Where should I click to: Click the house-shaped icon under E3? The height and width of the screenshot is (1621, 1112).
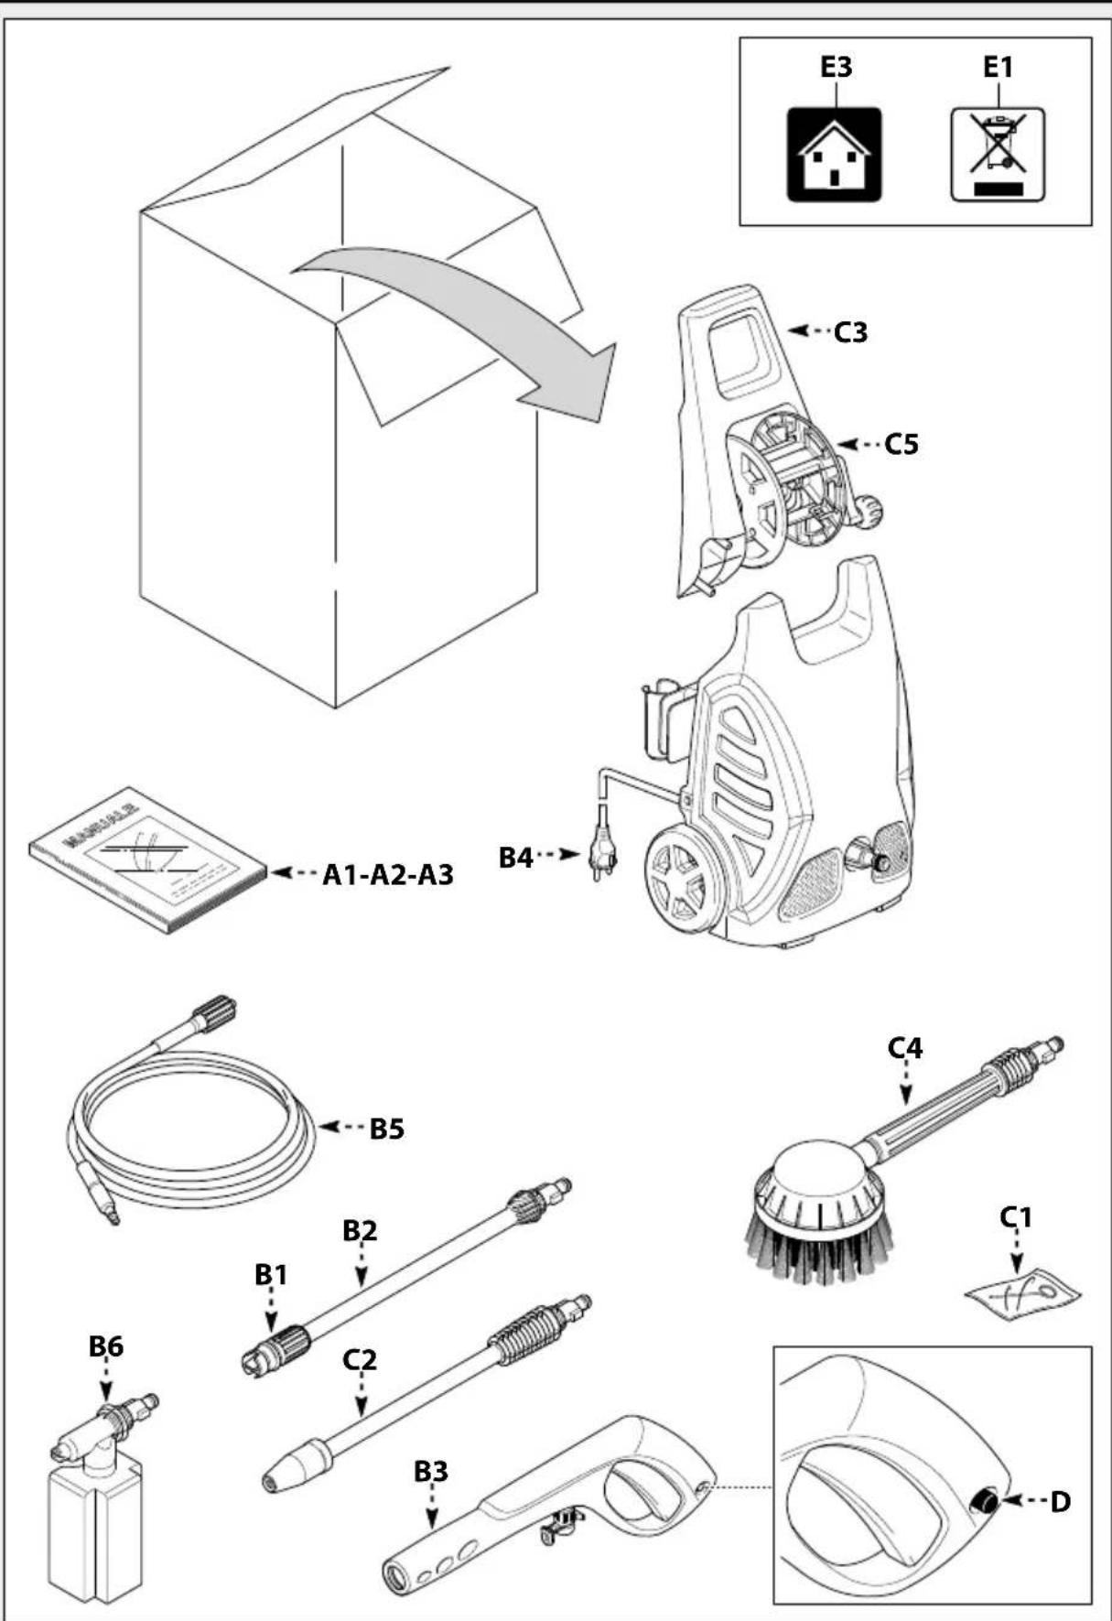tap(834, 155)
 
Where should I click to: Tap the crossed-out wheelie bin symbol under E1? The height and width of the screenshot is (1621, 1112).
tap(997, 153)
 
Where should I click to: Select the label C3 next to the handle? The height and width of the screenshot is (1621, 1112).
tap(849, 332)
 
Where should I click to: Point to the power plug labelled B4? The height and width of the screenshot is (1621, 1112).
tap(601, 857)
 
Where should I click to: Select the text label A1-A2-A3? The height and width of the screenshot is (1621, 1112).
tap(387, 875)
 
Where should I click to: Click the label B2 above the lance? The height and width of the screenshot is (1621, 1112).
tap(360, 1231)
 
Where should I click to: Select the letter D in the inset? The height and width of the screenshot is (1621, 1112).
tap(1059, 1502)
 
